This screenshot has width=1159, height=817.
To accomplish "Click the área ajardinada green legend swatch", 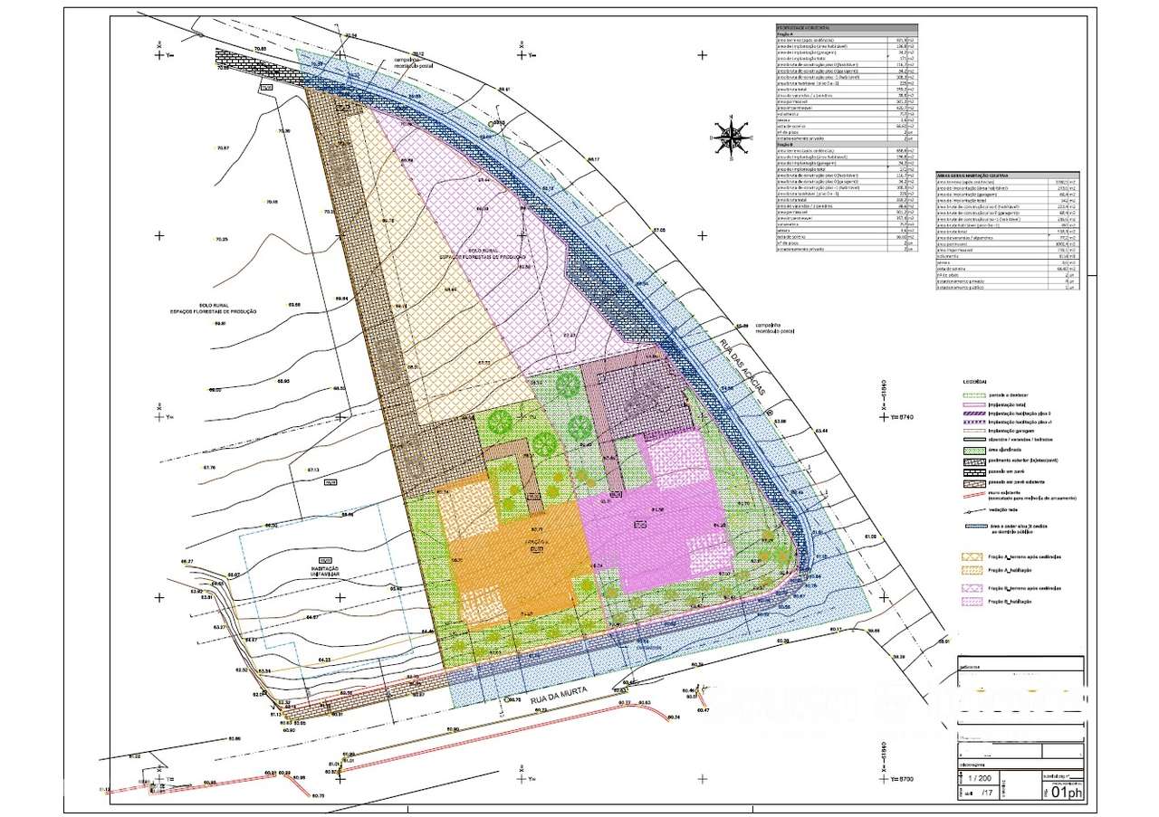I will point(973,450).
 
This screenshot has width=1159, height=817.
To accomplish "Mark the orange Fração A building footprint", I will point(512,561).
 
